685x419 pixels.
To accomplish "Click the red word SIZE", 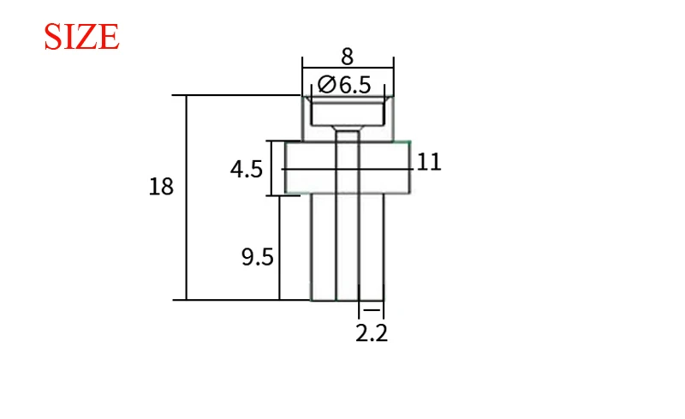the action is point(81,37).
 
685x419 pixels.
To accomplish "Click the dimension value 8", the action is point(348,57).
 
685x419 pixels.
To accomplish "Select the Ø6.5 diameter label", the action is point(344,85).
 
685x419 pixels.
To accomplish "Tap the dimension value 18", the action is point(161,187).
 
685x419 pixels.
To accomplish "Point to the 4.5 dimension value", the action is point(247,170).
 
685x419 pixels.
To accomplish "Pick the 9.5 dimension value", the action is point(258,257).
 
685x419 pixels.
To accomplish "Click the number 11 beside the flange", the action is point(429,162).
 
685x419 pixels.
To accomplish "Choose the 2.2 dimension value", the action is point(372,333).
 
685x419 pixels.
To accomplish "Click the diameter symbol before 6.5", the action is point(327,85).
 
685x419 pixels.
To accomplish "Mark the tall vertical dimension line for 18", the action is point(187,197).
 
